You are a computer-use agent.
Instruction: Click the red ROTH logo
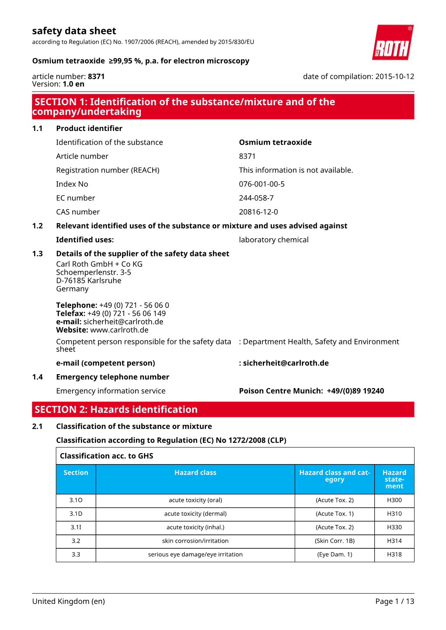click(393, 43)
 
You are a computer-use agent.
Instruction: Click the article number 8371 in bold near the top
click(96, 76)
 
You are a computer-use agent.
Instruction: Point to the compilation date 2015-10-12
click(394, 76)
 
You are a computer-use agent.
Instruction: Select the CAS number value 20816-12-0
click(258, 212)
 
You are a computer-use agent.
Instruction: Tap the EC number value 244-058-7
click(256, 198)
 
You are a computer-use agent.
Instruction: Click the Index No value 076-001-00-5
click(261, 184)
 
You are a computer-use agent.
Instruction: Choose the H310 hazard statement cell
click(394, 514)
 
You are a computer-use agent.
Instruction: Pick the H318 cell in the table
click(394, 554)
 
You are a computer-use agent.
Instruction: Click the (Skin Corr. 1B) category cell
click(334, 541)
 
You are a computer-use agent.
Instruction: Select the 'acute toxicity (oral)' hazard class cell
click(195, 500)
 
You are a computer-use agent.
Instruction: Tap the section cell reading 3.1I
click(76, 527)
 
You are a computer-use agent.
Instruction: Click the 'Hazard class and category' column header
click(334, 476)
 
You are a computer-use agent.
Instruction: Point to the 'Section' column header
click(76, 473)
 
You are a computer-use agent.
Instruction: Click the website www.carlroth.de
click(119, 330)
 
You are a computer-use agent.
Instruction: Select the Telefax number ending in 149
click(126, 313)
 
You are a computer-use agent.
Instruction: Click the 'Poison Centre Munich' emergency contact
click(311, 391)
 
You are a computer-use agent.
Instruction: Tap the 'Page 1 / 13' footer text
click(394, 602)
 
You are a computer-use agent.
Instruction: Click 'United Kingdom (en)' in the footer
click(69, 602)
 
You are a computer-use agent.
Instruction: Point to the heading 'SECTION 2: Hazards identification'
click(116, 410)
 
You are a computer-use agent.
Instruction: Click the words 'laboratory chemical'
click(274, 240)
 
